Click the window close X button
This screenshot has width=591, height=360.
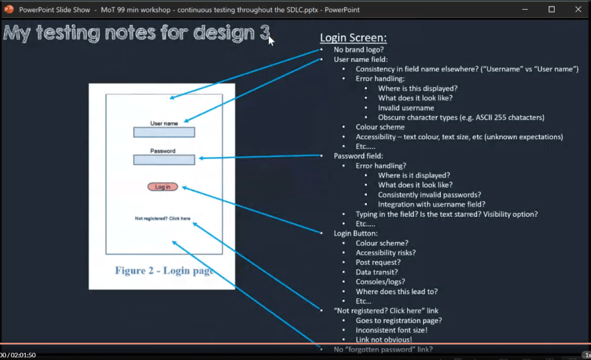click(578, 9)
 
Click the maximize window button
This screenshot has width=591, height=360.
click(551, 9)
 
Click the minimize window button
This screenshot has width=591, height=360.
click(525, 9)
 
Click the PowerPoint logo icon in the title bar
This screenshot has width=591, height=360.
click(9, 9)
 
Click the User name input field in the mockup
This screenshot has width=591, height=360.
click(164, 132)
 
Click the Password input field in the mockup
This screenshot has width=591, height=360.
click(164, 160)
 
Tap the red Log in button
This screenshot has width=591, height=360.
click(162, 187)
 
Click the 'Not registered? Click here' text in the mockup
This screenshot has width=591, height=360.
click(162, 218)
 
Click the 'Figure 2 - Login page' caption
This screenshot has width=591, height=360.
click(164, 270)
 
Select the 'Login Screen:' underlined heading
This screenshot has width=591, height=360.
click(353, 38)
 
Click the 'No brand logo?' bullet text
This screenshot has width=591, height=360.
click(358, 49)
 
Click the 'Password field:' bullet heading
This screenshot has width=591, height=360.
click(358, 155)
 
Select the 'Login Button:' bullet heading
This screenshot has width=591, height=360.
click(355, 233)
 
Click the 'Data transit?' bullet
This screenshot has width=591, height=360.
click(377, 272)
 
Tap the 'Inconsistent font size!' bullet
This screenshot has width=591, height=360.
click(391, 330)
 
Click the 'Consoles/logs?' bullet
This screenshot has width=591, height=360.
click(380, 281)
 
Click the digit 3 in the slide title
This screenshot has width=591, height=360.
click(265, 33)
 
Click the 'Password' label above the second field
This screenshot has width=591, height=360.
click(163, 151)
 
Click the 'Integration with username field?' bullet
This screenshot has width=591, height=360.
click(432, 205)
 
